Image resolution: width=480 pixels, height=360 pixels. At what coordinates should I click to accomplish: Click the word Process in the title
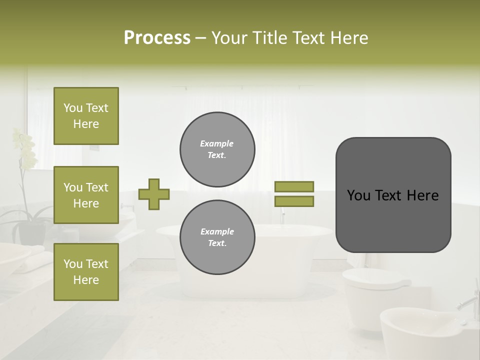(x=157, y=38)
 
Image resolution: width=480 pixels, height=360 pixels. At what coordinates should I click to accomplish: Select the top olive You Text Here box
(x=86, y=116)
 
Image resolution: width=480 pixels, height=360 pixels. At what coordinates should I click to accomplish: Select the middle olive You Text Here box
(x=86, y=195)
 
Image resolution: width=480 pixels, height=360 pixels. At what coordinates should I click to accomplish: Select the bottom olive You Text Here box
(x=86, y=272)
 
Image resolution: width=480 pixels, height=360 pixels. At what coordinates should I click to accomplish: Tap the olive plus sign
(x=153, y=194)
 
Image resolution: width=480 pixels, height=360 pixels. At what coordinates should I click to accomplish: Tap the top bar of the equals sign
(x=294, y=186)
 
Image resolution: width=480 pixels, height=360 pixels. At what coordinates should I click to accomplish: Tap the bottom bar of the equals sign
(x=294, y=201)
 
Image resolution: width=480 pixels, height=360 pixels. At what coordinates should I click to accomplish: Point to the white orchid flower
(x=25, y=147)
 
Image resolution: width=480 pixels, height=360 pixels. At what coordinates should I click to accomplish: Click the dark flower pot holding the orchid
(x=31, y=232)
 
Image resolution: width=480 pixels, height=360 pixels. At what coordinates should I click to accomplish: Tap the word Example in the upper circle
(x=216, y=143)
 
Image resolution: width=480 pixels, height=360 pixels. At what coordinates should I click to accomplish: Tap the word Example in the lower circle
(x=217, y=231)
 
